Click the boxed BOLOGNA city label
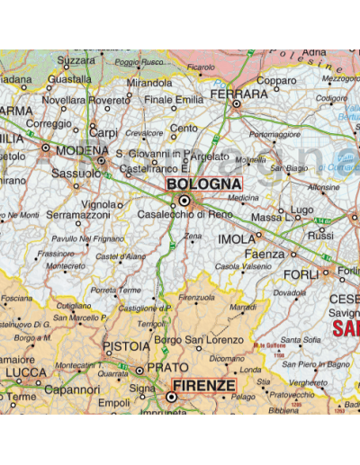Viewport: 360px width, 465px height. click(x=204, y=184)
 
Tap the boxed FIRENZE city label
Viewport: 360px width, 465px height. click(x=204, y=385)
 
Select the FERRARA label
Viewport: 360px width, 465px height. click(x=238, y=94)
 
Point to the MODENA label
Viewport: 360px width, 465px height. click(x=82, y=150)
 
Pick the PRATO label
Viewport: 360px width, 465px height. click(x=166, y=368)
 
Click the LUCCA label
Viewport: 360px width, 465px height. click(x=26, y=372)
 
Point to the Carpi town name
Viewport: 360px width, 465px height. click(x=103, y=133)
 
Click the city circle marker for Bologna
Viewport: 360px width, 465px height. click(x=184, y=201)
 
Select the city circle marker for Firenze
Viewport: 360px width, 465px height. click(x=171, y=396)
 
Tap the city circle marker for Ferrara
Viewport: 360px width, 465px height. click(x=236, y=104)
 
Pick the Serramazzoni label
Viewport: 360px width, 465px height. click(x=77, y=216)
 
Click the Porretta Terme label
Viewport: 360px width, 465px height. click(x=116, y=291)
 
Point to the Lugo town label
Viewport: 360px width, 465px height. click(x=302, y=210)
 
